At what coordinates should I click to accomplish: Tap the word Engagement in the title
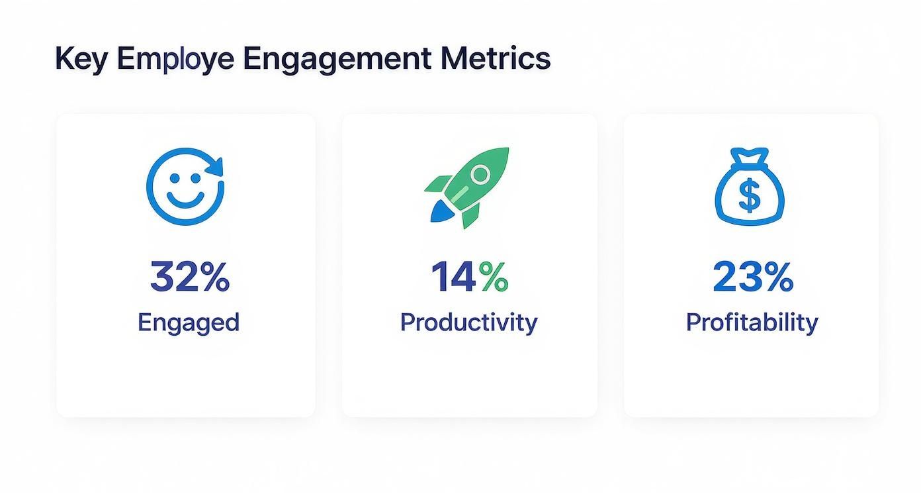pyautogui.click(x=337, y=59)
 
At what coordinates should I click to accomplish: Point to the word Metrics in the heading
pyautogui.click(x=496, y=59)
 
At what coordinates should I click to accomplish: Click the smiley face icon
pyautogui.click(x=185, y=186)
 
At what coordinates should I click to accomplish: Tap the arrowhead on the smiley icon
pyautogui.click(x=216, y=166)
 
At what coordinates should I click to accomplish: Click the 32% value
pyautogui.click(x=189, y=277)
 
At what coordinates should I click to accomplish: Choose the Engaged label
pyautogui.click(x=189, y=323)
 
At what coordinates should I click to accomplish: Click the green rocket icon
pyautogui.click(x=468, y=187)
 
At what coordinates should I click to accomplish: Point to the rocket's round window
pyautogui.click(x=481, y=175)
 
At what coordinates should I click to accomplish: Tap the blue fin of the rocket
pyautogui.click(x=439, y=211)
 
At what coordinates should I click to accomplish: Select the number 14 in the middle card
pyautogui.click(x=453, y=277)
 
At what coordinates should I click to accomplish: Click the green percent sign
pyautogui.click(x=494, y=277)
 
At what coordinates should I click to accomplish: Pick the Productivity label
pyautogui.click(x=468, y=323)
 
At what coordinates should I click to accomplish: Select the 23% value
pyautogui.click(x=752, y=277)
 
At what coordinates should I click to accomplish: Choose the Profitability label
pyautogui.click(x=752, y=323)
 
